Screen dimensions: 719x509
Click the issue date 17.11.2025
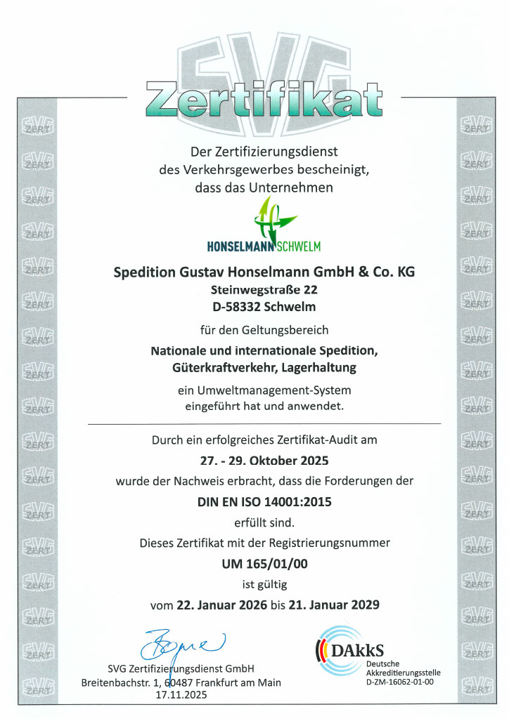181,695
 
